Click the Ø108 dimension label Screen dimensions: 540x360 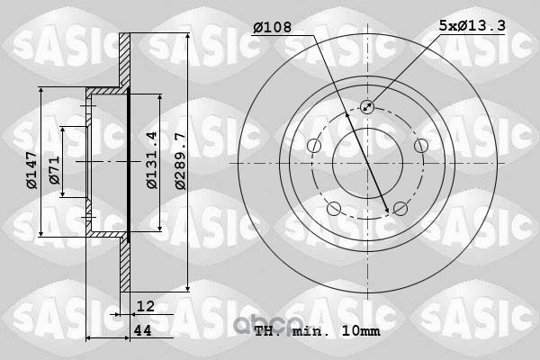click(x=273, y=27)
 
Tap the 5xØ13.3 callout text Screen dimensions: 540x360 click(x=472, y=25)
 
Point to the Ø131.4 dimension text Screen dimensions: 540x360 click(x=151, y=160)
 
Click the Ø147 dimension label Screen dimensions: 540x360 click(x=31, y=170)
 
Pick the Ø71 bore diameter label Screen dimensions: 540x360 click(x=54, y=170)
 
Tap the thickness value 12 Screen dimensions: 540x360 click(x=145, y=306)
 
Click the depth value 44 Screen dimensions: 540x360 click(x=142, y=330)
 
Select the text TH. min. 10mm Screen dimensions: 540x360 click(x=318, y=331)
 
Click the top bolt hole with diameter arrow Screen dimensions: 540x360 click(x=367, y=107)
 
